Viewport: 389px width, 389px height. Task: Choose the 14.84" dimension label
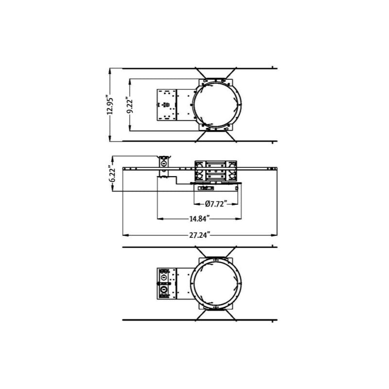coord(199,218)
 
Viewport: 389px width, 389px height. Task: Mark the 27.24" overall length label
coord(199,235)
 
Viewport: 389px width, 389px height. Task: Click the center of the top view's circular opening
coord(216,105)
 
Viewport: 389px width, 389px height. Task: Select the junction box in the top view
coord(166,105)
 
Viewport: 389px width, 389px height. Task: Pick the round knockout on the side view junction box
coord(164,164)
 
